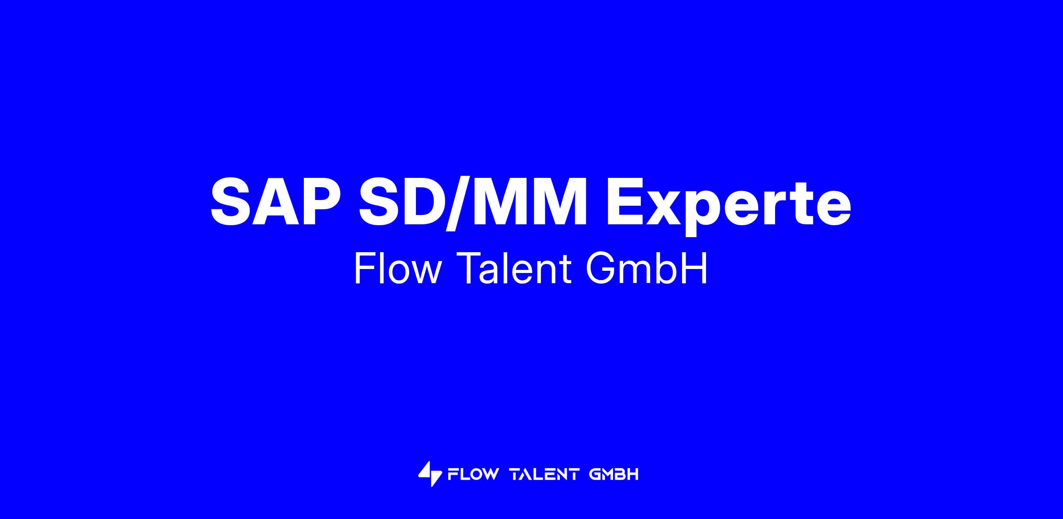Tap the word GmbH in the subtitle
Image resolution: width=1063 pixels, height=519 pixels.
(x=646, y=269)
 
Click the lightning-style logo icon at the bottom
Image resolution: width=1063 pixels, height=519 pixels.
(x=430, y=474)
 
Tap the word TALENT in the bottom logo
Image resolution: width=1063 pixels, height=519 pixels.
(x=544, y=475)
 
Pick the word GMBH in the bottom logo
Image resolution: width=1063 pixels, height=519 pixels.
(x=614, y=475)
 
